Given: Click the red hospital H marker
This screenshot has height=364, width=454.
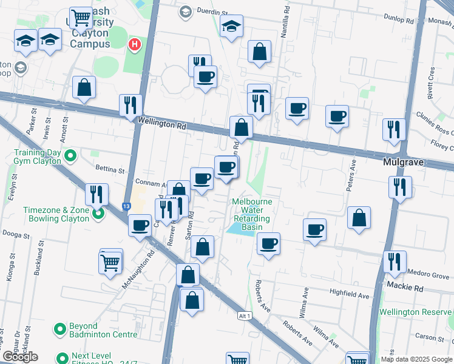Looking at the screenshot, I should click(x=135, y=45).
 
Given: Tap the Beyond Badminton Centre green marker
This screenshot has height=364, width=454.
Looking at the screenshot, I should click(x=60, y=329).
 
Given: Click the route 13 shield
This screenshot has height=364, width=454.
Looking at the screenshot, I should click(x=127, y=206).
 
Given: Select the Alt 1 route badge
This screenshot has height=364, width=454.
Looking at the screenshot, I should click(x=245, y=316).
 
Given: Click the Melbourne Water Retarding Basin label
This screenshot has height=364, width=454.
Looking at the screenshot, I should click(x=252, y=214).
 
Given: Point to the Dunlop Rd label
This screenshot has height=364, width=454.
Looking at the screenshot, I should click(x=401, y=20).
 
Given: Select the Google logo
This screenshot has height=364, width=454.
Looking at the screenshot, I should click(x=20, y=357).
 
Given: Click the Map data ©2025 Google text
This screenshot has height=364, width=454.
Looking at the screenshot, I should click(x=416, y=359).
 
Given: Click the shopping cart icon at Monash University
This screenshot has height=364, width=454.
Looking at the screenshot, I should click(x=80, y=18).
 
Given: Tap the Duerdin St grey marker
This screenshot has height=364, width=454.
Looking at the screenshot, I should click(x=185, y=11).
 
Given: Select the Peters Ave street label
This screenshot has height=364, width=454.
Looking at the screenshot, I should click(x=350, y=176).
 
